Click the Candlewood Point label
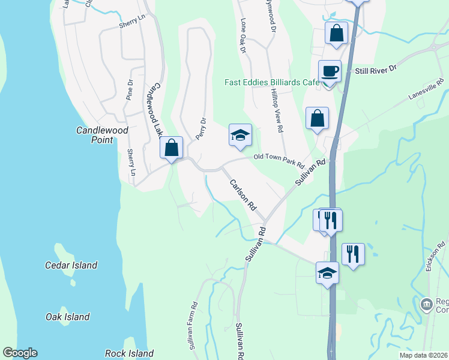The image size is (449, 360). tap(94, 134)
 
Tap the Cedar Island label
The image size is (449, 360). tap(71, 265)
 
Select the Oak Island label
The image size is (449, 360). tap(67, 317)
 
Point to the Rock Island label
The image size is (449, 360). tap(129, 353)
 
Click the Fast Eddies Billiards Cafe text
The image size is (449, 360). tap(271, 83)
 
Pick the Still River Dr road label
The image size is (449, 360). tap(376, 70)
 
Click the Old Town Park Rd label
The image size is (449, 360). tap(279, 161)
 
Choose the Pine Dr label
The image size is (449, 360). tap(130, 89)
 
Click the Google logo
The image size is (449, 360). tap(20, 353)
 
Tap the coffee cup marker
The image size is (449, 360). tap(330, 71)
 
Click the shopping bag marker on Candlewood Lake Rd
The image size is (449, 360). tap(171, 147)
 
